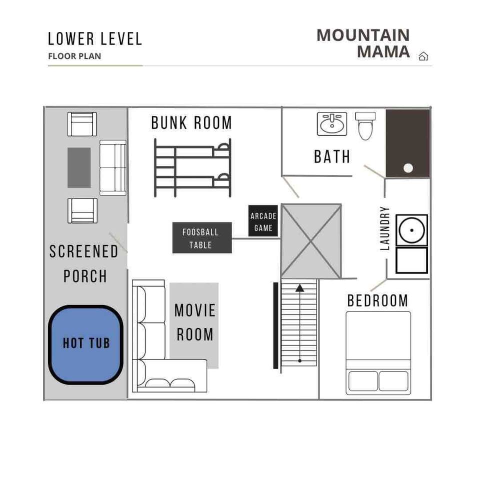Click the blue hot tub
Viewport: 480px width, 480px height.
pyautogui.click(x=86, y=344)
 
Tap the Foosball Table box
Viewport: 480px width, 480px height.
pyautogui.click(x=202, y=238)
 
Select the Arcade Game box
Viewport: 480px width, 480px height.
pyautogui.click(x=263, y=221)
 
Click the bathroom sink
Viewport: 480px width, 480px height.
pyautogui.click(x=332, y=123)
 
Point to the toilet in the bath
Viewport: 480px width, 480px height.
pyautogui.click(x=365, y=125)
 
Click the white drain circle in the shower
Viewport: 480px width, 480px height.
pyautogui.click(x=408, y=168)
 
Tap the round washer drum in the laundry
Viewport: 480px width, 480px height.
pyautogui.click(x=411, y=230)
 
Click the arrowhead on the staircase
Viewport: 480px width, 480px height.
pyautogui.click(x=299, y=288)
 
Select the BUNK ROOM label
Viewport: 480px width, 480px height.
pyautogui.click(x=191, y=123)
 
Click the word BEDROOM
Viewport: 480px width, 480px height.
pyautogui.click(x=378, y=300)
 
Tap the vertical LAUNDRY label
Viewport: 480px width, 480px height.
pyautogui.click(x=385, y=228)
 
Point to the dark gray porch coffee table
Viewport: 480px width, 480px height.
pyautogui.click(x=79, y=167)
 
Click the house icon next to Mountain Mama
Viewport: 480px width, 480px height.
pyautogui.click(x=423, y=56)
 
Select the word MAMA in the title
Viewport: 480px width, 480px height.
pyautogui.click(x=383, y=51)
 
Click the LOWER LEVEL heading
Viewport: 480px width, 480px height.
pyautogui.click(x=95, y=39)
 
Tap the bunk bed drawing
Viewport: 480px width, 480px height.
pyautogui.click(x=192, y=168)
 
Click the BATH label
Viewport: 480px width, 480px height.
pyautogui.click(x=332, y=156)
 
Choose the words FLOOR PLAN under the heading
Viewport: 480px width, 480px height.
pyautogui.click(x=74, y=56)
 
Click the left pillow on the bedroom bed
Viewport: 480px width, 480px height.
pyautogui.click(x=363, y=381)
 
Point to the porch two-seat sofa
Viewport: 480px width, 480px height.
pyautogui.click(x=113, y=168)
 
